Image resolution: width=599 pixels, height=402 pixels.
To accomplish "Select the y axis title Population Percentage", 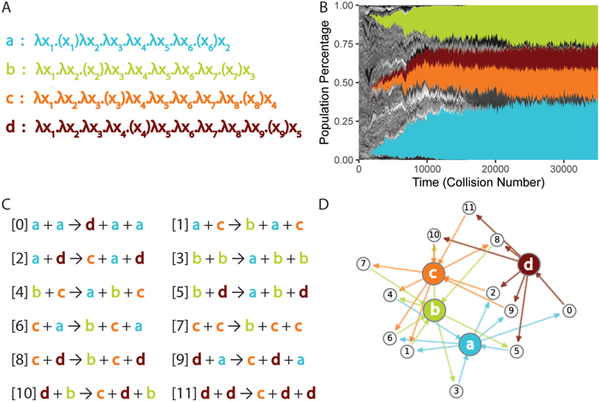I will pos(326,82).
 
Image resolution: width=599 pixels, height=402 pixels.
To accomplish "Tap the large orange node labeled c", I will pos(436,274).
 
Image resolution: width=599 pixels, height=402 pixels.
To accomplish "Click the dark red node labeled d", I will pos(530,263).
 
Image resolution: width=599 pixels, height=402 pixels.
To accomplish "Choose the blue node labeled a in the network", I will pos(468,345).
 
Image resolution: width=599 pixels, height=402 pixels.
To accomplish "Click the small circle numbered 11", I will pos(468,208).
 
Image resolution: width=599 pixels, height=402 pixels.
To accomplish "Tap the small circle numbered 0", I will pos(568,311).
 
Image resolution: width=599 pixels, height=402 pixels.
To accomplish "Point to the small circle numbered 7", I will pos(365,262).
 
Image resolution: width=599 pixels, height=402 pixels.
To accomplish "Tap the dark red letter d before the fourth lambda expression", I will pos(9,125).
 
